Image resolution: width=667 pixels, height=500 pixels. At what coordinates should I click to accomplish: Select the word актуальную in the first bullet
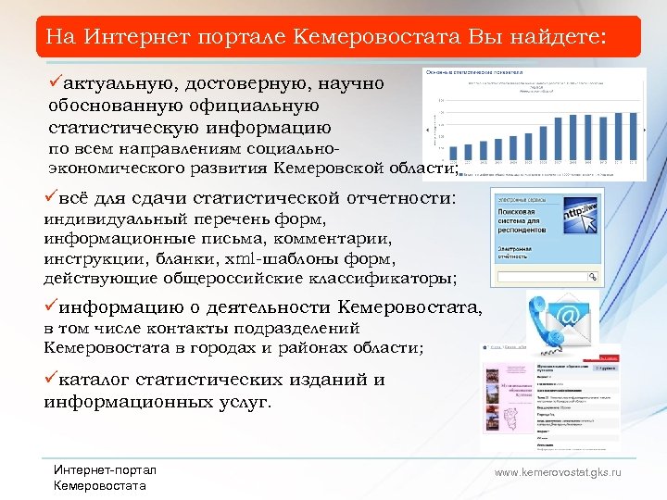tap(116, 84)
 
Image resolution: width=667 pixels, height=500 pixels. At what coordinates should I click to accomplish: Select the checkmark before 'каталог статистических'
tap(51, 379)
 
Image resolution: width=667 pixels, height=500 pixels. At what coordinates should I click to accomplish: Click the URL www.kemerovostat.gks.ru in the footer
tap(558, 472)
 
